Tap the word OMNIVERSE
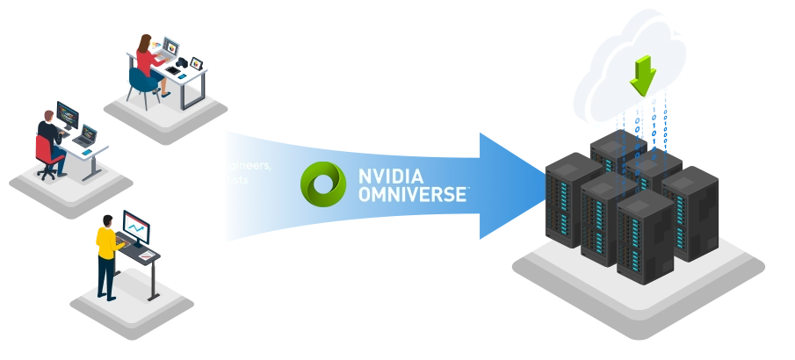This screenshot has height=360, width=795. pos(411,194)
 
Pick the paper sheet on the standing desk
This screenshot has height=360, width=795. pos(148,255)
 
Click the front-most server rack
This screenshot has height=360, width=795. pos(644,234)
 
